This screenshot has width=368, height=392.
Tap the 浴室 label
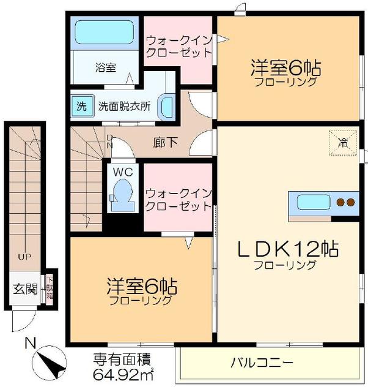coord(106,67)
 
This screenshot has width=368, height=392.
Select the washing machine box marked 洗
coord(81,104)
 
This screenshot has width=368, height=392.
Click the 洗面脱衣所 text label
coord(124,105)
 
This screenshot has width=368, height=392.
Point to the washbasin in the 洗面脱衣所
coord(166,106)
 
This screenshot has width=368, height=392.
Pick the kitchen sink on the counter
coord(312,202)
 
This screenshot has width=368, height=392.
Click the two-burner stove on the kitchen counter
coord(344,202)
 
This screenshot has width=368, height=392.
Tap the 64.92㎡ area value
coord(123,374)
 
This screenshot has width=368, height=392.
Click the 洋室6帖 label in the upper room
coord(285,66)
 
